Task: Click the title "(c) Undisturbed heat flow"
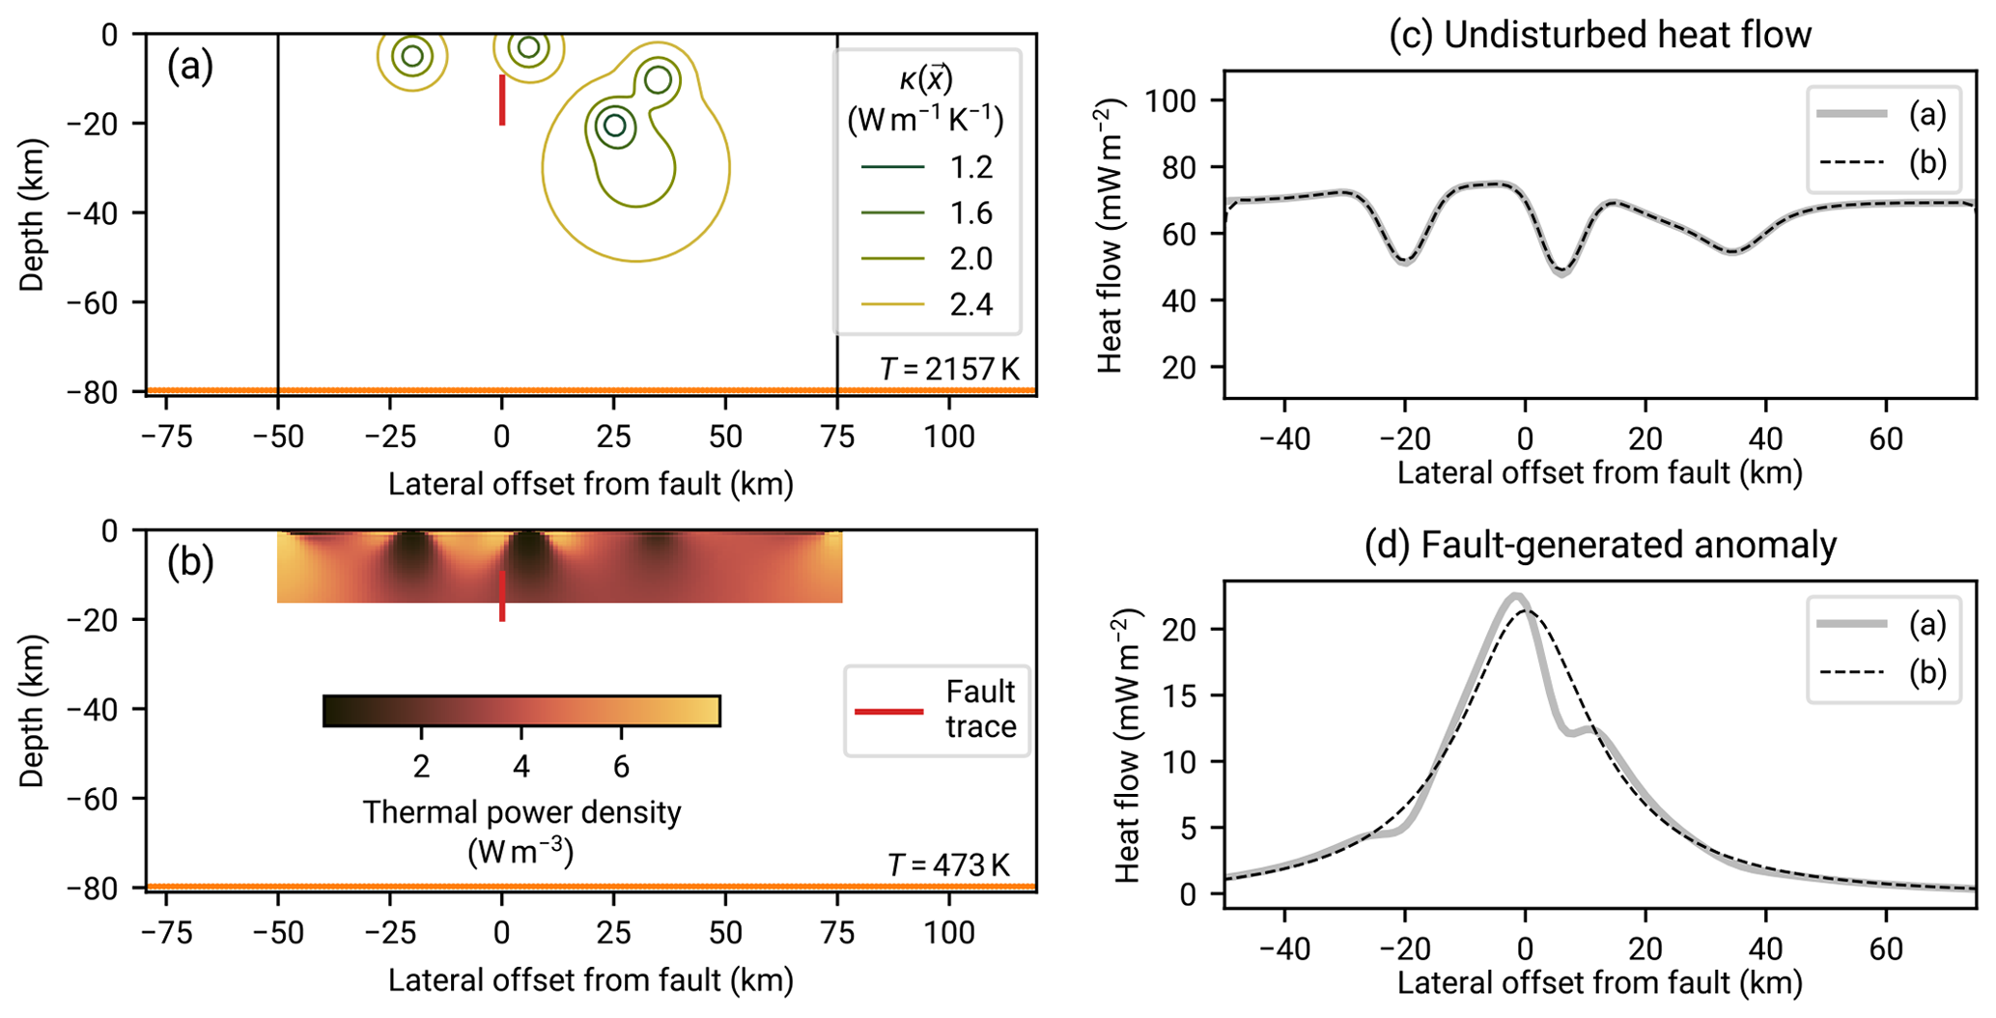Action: [1599, 35]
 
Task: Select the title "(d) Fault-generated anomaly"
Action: [1599, 545]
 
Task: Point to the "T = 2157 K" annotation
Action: [949, 368]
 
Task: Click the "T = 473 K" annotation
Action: [948, 864]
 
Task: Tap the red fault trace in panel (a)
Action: [502, 99]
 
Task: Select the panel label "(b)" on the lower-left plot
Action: [190, 562]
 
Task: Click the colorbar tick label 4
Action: [521, 767]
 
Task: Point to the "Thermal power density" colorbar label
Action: [521, 812]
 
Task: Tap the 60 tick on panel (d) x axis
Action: [1885, 948]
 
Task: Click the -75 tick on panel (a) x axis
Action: [166, 438]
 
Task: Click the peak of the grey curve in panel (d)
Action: [1516, 596]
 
